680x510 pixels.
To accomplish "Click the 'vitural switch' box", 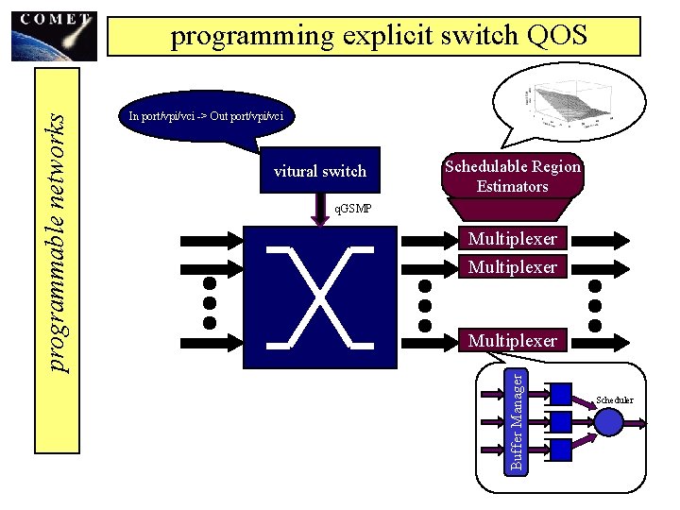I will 319,171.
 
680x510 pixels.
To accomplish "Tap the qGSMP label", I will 355,208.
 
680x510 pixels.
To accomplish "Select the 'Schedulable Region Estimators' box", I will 512,177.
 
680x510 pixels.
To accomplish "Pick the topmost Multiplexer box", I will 512,239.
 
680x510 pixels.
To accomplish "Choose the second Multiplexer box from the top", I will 512,266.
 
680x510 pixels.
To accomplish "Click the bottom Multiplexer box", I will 512,340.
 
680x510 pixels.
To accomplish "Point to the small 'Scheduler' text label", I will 615,400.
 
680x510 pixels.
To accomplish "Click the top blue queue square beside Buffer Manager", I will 561,393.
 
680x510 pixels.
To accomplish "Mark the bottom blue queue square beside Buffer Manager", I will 561,450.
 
